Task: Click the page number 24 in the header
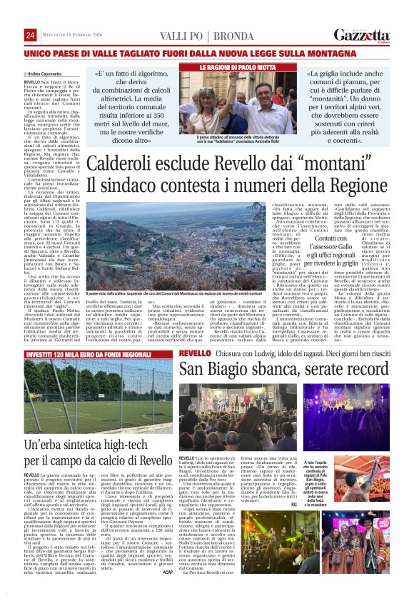tap(30, 36)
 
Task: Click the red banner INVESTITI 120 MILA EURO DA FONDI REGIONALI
tap(90, 353)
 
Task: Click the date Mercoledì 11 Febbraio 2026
tap(71, 36)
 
